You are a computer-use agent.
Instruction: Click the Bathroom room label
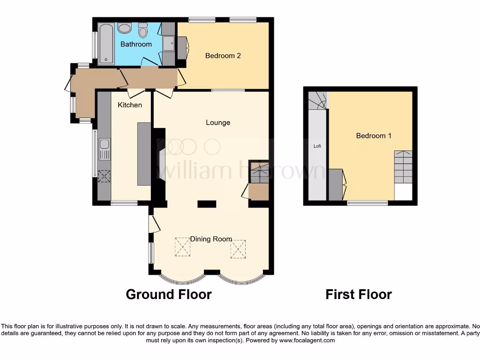[136, 44]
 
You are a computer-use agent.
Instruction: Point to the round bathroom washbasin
[125, 29]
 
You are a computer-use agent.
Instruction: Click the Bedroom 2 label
[223, 56]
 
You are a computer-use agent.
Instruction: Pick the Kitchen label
[130, 105]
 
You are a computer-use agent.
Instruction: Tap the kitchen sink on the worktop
[104, 150]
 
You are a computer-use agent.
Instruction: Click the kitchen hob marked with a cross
[104, 176]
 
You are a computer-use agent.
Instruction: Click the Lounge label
[218, 123]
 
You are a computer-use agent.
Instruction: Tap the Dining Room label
[211, 239]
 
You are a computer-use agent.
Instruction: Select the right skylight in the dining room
[238, 249]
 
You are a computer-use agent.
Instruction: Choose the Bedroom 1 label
[374, 136]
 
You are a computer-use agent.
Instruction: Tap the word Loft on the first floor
[317, 146]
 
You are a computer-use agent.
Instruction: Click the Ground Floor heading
[169, 294]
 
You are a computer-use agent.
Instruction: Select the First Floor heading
[359, 294]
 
